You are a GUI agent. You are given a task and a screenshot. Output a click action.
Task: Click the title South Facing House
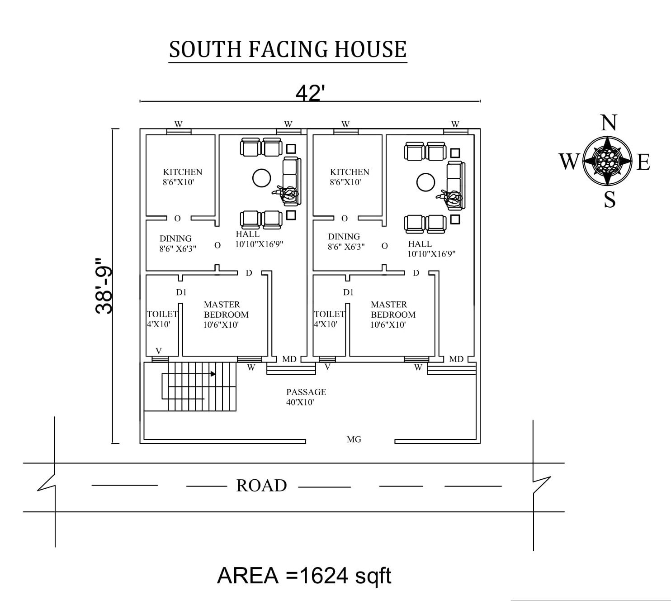tap(288, 49)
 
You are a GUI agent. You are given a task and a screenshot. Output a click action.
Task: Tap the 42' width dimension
tap(310, 93)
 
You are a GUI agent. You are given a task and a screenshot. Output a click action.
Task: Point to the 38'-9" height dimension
tap(104, 286)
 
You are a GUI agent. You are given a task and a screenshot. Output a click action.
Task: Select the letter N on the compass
tap(609, 123)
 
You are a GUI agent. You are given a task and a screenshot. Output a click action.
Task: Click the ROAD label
tap(261, 486)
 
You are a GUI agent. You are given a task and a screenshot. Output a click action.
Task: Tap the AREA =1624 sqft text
tap(304, 576)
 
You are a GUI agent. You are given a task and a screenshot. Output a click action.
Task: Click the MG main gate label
tap(354, 439)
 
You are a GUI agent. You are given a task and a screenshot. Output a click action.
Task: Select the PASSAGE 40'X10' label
tap(306, 397)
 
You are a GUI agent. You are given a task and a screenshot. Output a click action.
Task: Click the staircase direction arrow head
tap(213, 374)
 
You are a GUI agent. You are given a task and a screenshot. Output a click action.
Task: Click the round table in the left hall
tap(261, 178)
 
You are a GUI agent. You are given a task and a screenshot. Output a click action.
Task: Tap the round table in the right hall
tap(425, 182)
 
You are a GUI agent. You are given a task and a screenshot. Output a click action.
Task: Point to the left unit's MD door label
tap(289, 359)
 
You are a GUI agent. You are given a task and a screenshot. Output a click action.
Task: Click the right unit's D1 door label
tap(348, 292)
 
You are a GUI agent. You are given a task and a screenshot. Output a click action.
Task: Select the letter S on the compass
tap(610, 199)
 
